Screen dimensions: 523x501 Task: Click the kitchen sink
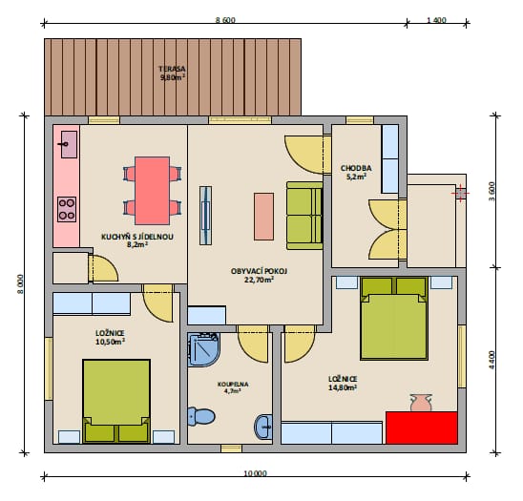(x=69, y=144)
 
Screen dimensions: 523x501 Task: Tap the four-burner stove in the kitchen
(x=67, y=210)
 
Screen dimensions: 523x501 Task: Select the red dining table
(x=152, y=191)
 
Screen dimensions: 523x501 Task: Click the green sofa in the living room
(x=304, y=216)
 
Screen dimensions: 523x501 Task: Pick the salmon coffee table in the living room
(x=263, y=217)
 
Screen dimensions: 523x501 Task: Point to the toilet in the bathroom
(x=201, y=416)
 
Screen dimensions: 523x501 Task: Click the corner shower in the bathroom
(x=203, y=349)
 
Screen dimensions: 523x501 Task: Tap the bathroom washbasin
(x=263, y=427)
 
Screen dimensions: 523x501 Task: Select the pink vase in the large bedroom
(x=421, y=403)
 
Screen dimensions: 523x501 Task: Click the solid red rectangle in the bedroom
(x=421, y=428)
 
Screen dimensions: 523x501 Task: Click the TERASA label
(x=172, y=69)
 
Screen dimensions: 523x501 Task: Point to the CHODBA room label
(x=356, y=168)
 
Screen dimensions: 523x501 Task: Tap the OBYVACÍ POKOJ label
(x=259, y=271)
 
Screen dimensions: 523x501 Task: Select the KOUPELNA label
(x=233, y=385)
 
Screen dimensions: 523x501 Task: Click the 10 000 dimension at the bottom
(x=256, y=473)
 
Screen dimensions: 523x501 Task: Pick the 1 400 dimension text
(x=436, y=20)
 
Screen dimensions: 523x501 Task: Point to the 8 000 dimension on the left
(x=20, y=284)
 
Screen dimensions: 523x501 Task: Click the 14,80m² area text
(x=343, y=387)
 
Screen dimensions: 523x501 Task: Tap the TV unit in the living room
(x=205, y=216)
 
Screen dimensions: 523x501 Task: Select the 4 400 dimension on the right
(x=492, y=360)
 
